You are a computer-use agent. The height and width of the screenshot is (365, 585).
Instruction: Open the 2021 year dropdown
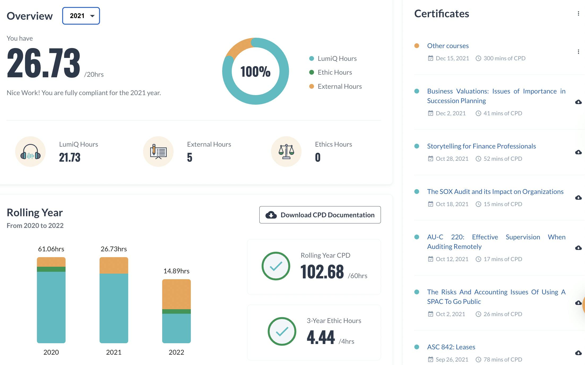click(x=81, y=16)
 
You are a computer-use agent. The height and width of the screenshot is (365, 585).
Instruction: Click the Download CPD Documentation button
click(x=320, y=215)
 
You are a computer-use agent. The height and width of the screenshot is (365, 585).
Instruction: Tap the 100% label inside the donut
click(x=255, y=71)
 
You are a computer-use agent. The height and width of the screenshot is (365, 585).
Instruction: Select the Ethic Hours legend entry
click(x=334, y=73)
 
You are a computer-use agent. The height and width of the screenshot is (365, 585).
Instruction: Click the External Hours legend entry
click(x=339, y=87)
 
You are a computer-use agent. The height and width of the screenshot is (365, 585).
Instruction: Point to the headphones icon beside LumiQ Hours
click(x=31, y=152)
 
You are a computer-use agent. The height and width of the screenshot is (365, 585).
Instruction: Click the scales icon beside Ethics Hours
click(x=286, y=152)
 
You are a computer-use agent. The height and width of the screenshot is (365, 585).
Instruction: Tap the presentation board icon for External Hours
click(x=158, y=152)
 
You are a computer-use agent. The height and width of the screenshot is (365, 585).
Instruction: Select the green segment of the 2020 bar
click(x=51, y=269)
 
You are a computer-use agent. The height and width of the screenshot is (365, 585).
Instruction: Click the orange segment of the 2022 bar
click(x=177, y=294)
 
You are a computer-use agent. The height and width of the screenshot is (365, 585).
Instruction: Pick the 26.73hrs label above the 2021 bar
click(x=114, y=249)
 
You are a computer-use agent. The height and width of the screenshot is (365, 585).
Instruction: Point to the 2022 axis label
click(x=177, y=352)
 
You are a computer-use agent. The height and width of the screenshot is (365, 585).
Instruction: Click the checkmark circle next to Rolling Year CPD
click(x=276, y=266)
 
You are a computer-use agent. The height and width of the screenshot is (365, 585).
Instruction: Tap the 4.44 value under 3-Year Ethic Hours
click(x=321, y=337)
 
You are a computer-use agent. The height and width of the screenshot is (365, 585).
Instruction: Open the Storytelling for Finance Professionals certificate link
click(x=481, y=146)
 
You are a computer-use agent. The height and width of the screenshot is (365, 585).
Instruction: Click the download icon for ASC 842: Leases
click(x=578, y=353)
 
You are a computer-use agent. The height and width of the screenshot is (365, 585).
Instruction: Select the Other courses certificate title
click(x=448, y=46)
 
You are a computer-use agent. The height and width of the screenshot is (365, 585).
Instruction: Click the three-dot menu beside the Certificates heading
click(x=578, y=14)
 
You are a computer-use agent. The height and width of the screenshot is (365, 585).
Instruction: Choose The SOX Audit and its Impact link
click(x=495, y=192)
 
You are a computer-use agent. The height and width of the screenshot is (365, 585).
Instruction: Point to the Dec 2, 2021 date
click(x=450, y=113)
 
